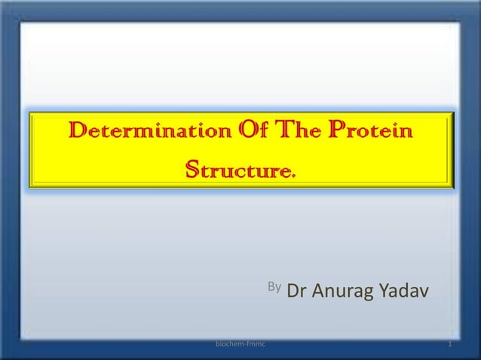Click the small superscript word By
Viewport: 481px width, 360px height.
pos(274,286)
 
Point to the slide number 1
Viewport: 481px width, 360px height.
pos(449,344)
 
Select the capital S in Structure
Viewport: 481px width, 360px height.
pos(193,168)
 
